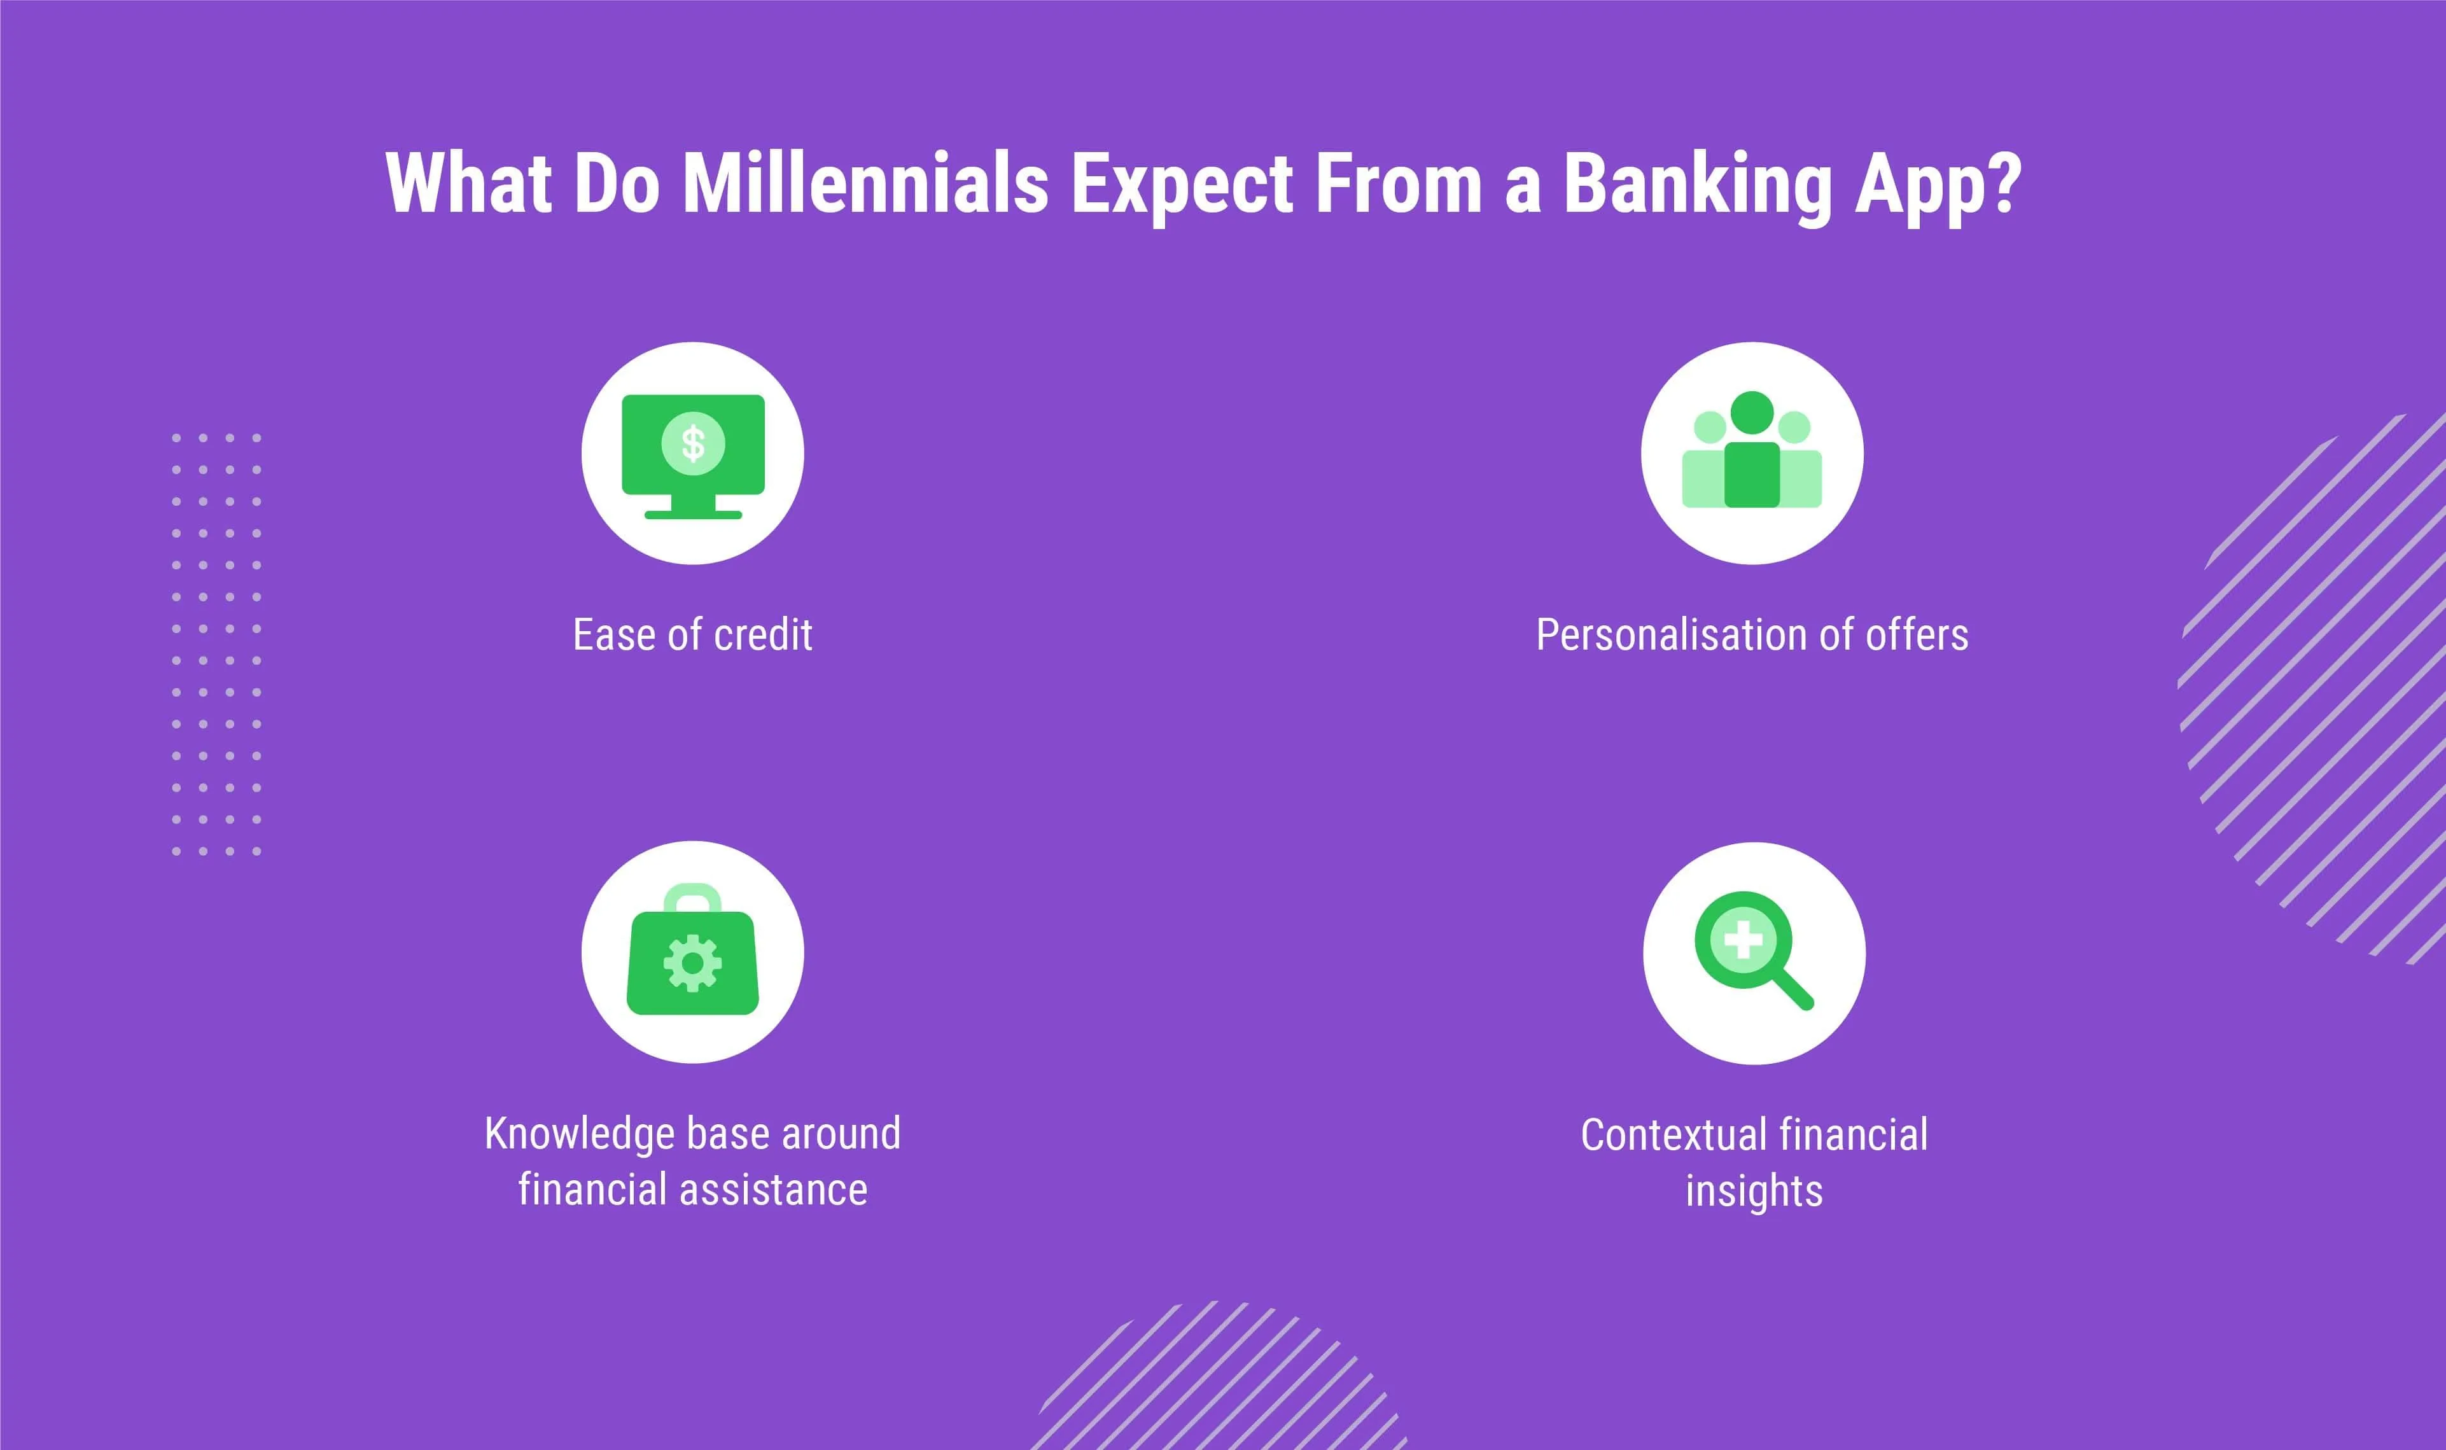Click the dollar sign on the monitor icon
tap(693, 443)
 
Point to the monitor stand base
tap(693, 514)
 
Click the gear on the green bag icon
tap(693, 963)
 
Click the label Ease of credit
tap(693, 635)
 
